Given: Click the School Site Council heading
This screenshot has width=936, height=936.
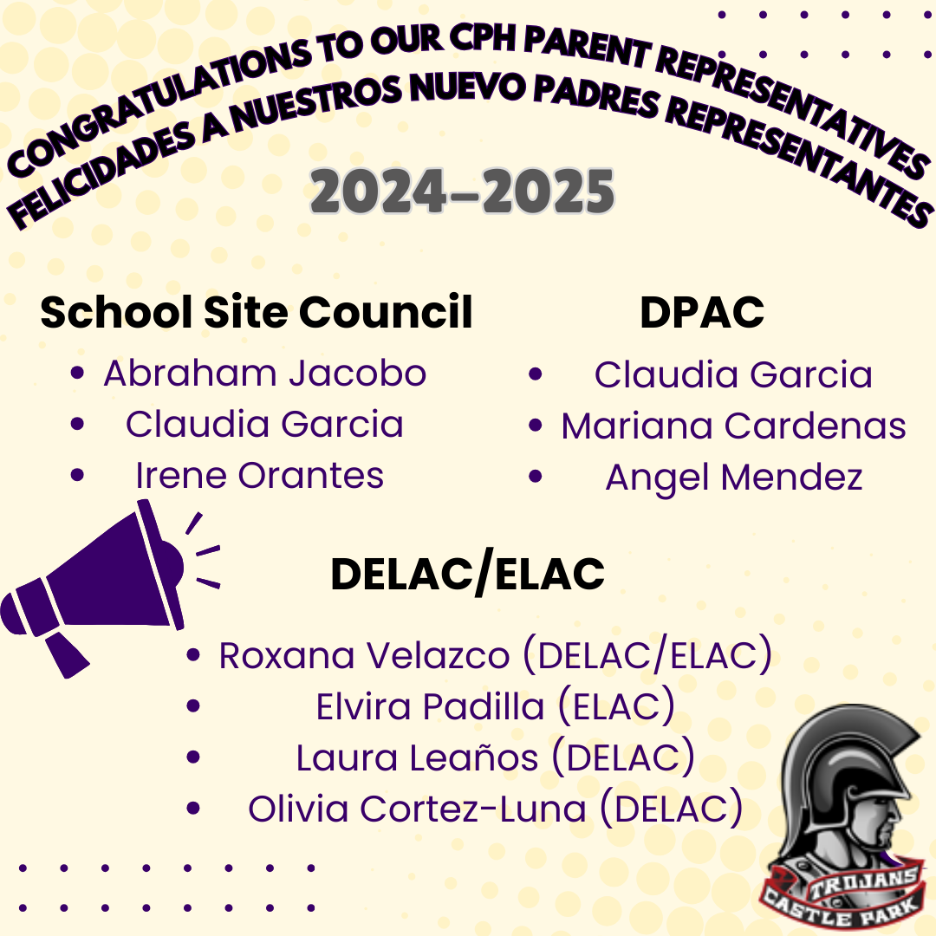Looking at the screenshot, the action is tap(256, 312).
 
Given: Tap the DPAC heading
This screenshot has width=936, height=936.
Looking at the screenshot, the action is tap(702, 312).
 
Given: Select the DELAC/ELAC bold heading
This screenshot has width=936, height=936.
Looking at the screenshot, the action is tap(467, 575).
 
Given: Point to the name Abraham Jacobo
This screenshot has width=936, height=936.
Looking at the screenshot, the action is tap(265, 374).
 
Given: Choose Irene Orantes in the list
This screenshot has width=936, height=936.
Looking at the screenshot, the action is tap(260, 476).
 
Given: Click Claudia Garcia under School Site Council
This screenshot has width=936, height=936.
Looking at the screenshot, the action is tap(264, 425).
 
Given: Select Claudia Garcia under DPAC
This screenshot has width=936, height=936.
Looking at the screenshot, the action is tap(733, 375).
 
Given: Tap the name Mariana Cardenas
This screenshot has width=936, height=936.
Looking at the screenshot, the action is tap(734, 426).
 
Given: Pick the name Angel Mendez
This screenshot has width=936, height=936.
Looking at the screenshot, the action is tap(734, 478).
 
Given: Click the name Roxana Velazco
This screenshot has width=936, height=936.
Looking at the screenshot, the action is tap(364, 655).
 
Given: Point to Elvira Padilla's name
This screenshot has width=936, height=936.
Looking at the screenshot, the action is tap(430, 707).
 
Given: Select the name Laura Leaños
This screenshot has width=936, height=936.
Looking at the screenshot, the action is tap(417, 758).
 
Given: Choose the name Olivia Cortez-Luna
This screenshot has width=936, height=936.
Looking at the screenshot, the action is tap(417, 809).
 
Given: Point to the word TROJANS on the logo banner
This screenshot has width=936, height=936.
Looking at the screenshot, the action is tap(863, 883).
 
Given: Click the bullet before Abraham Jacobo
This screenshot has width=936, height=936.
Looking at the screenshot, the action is tap(77, 373).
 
